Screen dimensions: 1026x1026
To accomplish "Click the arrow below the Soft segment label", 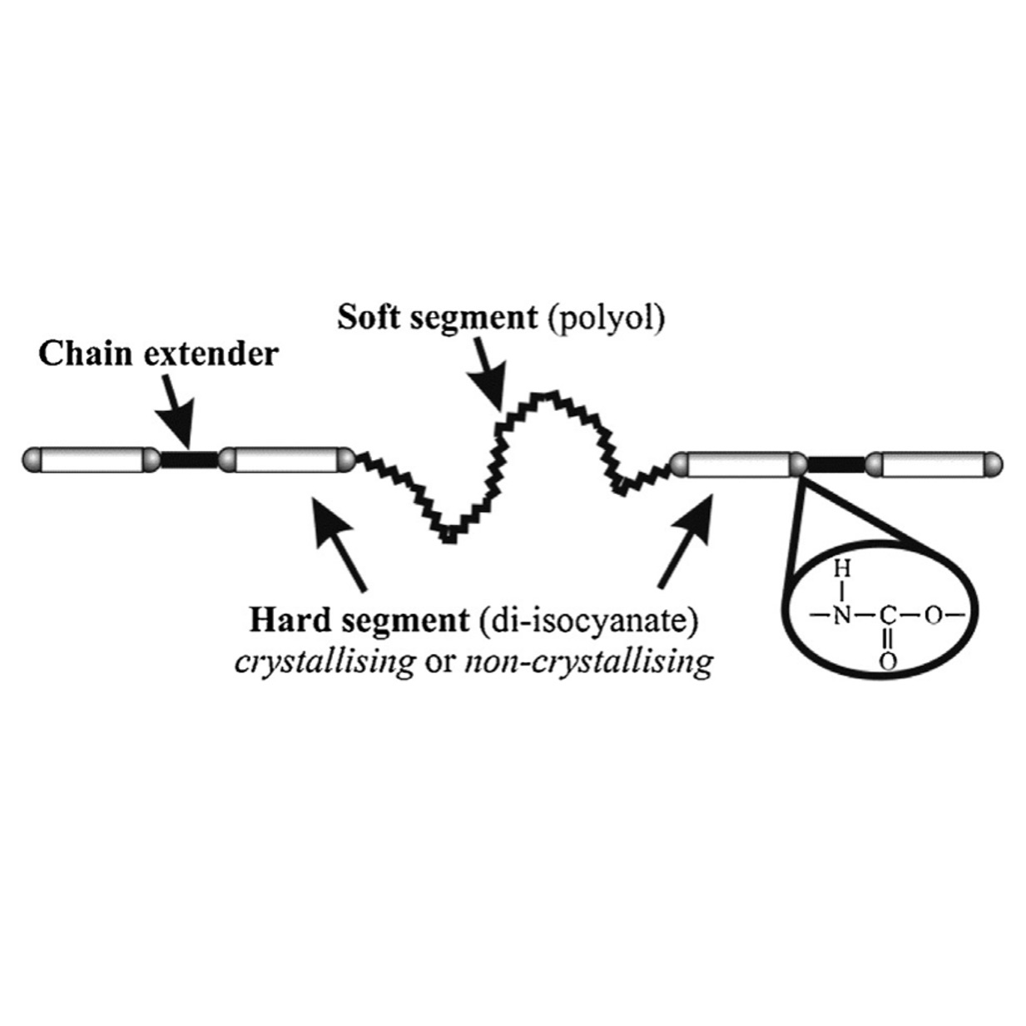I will [x=487, y=381].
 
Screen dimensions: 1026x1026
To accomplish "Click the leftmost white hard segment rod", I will [x=92, y=458].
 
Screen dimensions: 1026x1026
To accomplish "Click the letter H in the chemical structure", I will [x=842, y=571].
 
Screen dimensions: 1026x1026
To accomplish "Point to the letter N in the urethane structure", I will [x=842, y=617].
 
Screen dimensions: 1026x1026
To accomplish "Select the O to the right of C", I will [x=933, y=617].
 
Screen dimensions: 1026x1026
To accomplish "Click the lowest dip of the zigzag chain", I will [x=449, y=537].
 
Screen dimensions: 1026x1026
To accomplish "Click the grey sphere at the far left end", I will [x=32, y=458].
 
